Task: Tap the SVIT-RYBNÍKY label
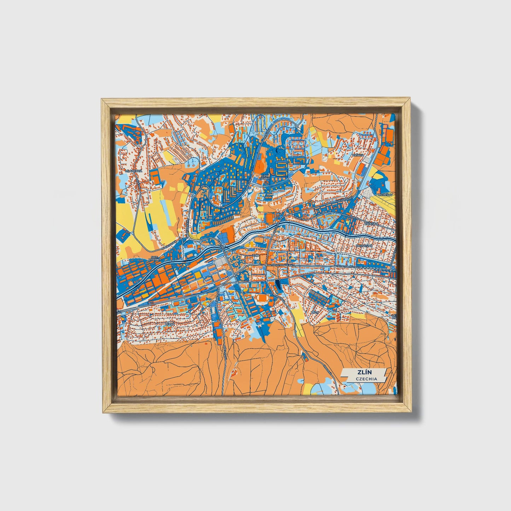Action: pyautogui.click(x=155, y=259)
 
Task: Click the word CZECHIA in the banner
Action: pyautogui.click(x=366, y=379)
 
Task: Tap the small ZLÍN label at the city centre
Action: pyautogui.click(x=256, y=255)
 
